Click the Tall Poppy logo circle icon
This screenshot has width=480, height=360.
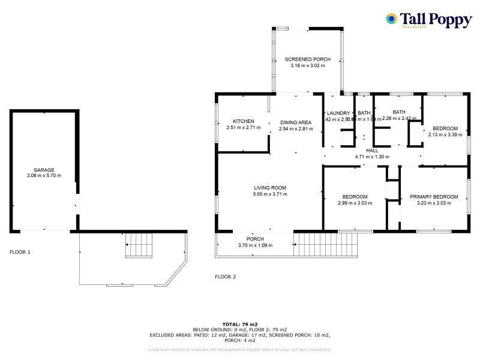391,19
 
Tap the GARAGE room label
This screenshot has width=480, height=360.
44,170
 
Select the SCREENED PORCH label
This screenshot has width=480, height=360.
307,59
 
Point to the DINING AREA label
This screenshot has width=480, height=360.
296,122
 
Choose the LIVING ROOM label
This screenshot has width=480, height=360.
270,188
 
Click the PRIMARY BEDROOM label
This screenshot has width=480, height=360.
434,197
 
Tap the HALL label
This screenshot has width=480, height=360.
372,151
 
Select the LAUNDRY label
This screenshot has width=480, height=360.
338,113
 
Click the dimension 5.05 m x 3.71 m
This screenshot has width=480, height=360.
270,194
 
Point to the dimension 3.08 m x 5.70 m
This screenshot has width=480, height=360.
44,176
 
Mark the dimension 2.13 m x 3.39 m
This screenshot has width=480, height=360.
445,134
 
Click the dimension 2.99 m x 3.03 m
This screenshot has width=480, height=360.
355,203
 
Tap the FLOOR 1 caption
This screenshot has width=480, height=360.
20,252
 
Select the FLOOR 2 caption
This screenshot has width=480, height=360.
226,277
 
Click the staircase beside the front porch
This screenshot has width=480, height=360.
324,244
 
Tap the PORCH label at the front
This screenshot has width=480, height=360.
255,239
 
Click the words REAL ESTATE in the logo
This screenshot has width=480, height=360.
413,27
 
